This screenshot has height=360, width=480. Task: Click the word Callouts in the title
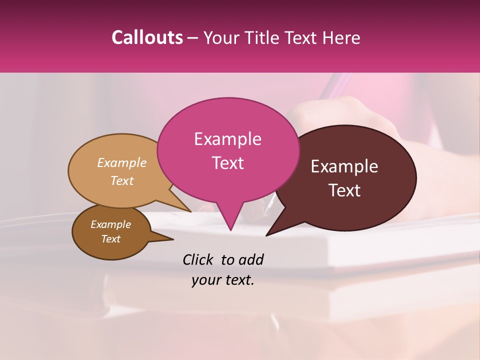(147, 37)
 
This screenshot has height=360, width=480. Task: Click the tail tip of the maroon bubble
(266, 234)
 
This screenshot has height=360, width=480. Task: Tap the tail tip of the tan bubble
(191, 211)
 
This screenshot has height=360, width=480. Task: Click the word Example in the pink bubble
(227, 139)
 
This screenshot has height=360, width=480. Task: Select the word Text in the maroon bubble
(345, 190)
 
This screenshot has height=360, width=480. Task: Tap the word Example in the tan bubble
(122, 162)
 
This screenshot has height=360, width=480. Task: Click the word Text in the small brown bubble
(111, 239)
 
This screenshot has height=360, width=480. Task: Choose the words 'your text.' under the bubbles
(223, 280)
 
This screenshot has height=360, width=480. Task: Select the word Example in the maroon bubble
(344, 166)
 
